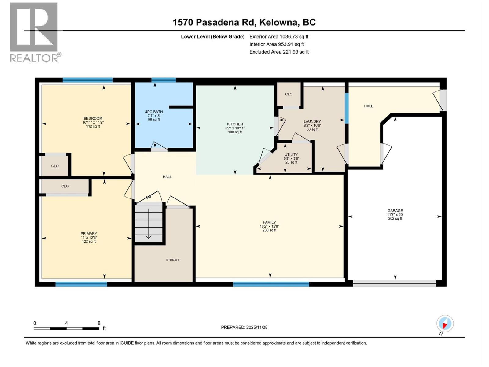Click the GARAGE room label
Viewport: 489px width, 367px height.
pos(395,211)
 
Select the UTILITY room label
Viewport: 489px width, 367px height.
pos(291,154)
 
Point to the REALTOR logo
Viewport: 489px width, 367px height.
pos(34,32)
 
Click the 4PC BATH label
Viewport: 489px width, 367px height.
pos(154,112)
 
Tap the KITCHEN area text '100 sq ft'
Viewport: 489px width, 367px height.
pos(235,132)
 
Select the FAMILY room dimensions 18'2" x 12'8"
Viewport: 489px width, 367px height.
pos(269,226)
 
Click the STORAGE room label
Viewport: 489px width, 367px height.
pos(173,260)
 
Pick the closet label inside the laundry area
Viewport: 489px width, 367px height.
pos(289,94)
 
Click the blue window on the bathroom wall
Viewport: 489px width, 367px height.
pos(164,80)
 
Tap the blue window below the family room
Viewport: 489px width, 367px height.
pos(271,284)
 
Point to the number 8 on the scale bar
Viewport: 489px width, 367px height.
pos(99,323)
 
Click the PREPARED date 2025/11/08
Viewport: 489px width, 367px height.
pos(244,327)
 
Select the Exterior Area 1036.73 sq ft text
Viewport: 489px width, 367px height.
pos(279,36)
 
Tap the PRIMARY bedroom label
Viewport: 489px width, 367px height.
pos(89,234)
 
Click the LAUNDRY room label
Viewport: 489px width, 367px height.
pos(312,121)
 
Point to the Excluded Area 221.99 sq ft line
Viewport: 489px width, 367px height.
pos(279,52)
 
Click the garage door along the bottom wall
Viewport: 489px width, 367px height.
pos(394,283)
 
